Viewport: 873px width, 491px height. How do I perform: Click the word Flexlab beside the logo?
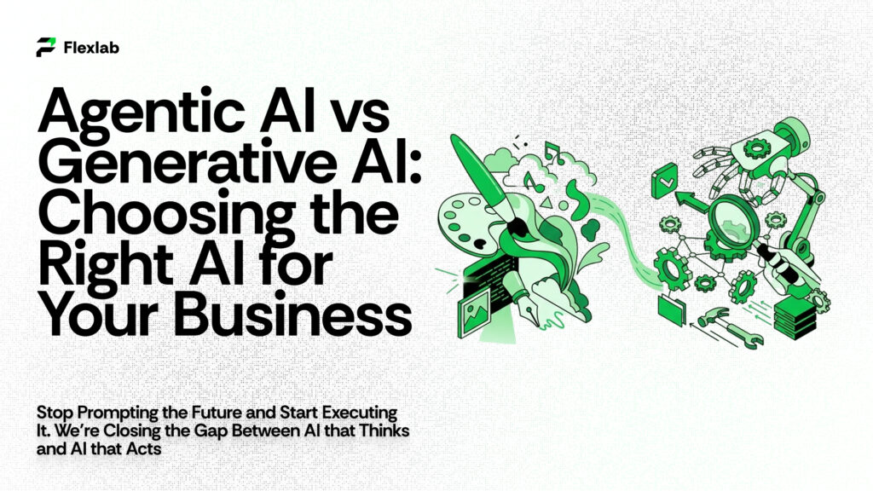coord(91,48)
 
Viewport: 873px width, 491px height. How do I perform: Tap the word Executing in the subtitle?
coord(367,413)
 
